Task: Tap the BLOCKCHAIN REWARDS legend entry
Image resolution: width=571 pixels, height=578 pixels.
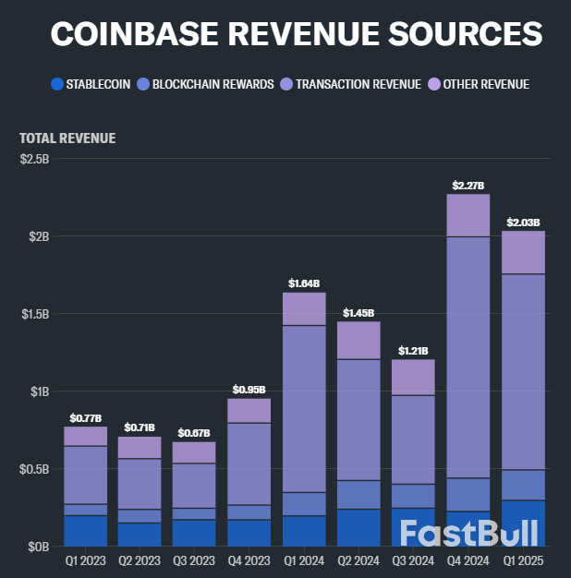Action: pyautogui.click(x=212, y=84)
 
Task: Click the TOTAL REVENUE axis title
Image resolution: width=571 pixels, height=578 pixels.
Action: pyautogui.click(x=67, y=138)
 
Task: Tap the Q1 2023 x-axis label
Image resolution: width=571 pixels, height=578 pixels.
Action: pyautogui.click(x=85, y=560)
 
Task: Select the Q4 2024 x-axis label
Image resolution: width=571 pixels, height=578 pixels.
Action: pyautogui.click(x=469, y=560)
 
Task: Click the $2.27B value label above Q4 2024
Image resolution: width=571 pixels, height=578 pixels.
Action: pyautogui.click(x=468, y=186)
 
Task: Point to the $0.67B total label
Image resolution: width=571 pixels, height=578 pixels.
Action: pyautogui.click(x=194, y=433)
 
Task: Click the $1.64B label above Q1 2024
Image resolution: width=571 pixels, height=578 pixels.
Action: pyautogui.click(x=303, y=283)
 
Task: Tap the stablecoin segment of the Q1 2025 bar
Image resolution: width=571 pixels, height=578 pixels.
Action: pyautogui.click(x=523, y=523)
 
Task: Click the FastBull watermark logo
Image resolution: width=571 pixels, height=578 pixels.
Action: pyautogui.click(x=471, y=534)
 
